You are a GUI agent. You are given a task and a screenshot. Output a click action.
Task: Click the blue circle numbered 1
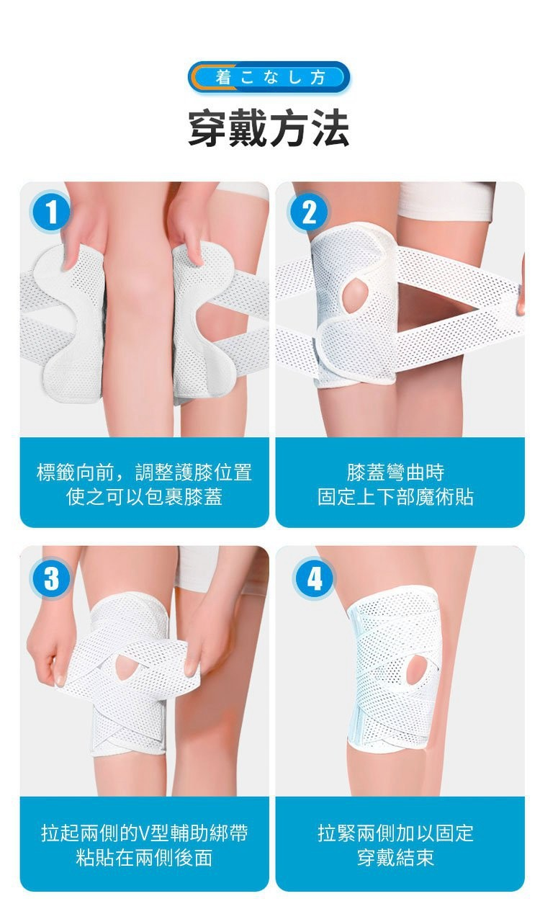(x=50, y=212)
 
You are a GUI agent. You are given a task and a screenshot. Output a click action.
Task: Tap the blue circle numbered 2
(x=309, y=212)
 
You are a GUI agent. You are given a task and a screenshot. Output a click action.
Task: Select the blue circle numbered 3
(x=50, y=578)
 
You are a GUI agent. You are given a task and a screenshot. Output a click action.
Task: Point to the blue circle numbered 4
(x=314, y=578)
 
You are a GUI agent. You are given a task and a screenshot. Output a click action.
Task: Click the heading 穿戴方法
(x=269, y=128)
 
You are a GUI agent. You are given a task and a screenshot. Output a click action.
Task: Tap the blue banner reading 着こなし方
(x=269, y=77)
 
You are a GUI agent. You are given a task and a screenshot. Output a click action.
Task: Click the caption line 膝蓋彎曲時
(x=395, y=472)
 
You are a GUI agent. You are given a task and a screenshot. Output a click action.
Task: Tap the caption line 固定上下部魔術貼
(x=395, y=497)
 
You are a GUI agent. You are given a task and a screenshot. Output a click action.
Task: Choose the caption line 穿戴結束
(x=395, y=857)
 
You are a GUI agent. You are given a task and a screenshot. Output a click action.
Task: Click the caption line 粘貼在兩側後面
(x=145, y=857)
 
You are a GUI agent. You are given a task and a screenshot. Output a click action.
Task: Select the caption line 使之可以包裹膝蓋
(x=145, y=497)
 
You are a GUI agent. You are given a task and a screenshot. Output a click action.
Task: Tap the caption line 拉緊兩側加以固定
(x=395, y=833)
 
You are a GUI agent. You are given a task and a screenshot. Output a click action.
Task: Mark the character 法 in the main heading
(x=331, y=128)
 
